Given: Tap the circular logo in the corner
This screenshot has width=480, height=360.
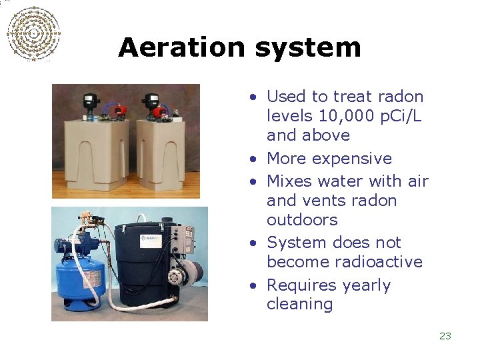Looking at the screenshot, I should tap(33, 33).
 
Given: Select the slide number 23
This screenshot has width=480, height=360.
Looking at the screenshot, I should tap(445, 336).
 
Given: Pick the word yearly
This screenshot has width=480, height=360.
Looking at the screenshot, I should tap(365, 285).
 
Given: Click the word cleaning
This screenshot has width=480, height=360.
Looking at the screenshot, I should tap(299, 305).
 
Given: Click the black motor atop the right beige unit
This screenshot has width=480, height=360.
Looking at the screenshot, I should tap(149, 103).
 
